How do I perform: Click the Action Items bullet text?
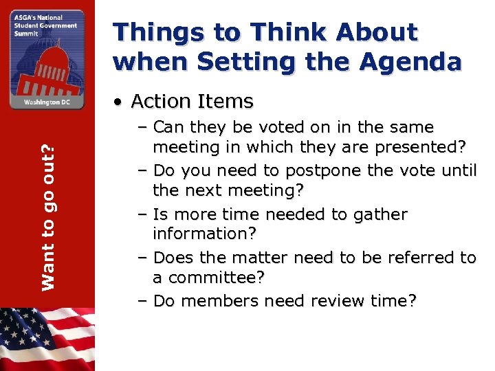192,102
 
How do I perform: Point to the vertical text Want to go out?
48,208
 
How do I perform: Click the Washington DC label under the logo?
47,101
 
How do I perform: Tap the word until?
458,170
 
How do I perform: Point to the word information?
204,234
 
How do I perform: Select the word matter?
264,258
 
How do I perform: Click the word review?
323,301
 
